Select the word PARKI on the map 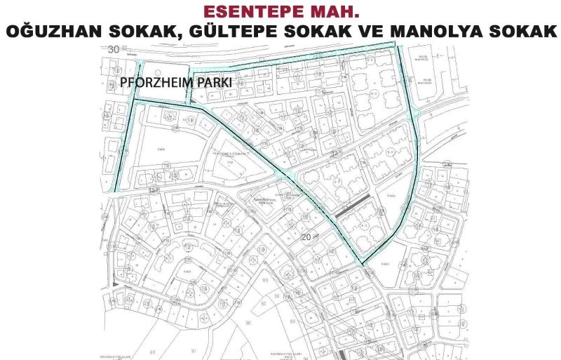pyautogui.click(x=218, y=82)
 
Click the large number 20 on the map pyautogui.click(x=306, y=237)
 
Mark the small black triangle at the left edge pyautogui.click(x=114, y=285)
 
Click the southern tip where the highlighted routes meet pyautogui.click(x=363, y=265)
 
